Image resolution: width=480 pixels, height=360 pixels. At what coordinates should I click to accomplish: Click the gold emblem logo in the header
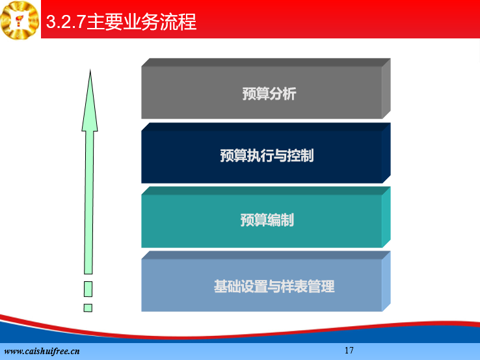(x=20, y=20)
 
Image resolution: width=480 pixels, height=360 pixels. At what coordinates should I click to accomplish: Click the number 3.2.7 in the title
(x=66, y=21)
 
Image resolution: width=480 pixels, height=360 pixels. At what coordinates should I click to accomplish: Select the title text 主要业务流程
(x=141, y=21)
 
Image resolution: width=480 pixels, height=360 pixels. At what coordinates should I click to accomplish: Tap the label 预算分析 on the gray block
(x=269, y=94)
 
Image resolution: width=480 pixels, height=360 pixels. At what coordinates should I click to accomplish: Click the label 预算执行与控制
(x=267, y=156)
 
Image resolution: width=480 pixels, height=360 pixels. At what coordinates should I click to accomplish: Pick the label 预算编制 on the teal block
(x=267, y=219)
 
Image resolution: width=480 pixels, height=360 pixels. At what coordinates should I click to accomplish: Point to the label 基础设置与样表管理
(x=274, y=286)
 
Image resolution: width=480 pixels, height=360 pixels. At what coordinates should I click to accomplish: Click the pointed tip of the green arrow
(x=90, y=70)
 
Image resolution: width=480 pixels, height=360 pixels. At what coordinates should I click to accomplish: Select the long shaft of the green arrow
(x=88, y=202)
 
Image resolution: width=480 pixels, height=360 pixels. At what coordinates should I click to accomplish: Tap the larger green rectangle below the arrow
(x=88, y=289)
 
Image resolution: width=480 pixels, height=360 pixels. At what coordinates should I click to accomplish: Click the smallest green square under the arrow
(x=88, y=308)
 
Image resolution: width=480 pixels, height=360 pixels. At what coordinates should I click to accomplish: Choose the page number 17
(x=349, y=350)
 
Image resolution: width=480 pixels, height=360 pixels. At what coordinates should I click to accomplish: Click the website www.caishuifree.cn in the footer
(x=42, y=351)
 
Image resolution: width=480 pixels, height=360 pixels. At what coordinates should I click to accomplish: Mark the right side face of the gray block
(x=386, y=89)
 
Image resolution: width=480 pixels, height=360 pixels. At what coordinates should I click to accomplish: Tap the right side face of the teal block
(x=386, y=217)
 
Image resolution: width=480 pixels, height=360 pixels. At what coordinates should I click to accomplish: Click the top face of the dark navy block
(x=266, y=127)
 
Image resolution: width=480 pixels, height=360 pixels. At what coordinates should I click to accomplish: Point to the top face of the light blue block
(x=266, y=255)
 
